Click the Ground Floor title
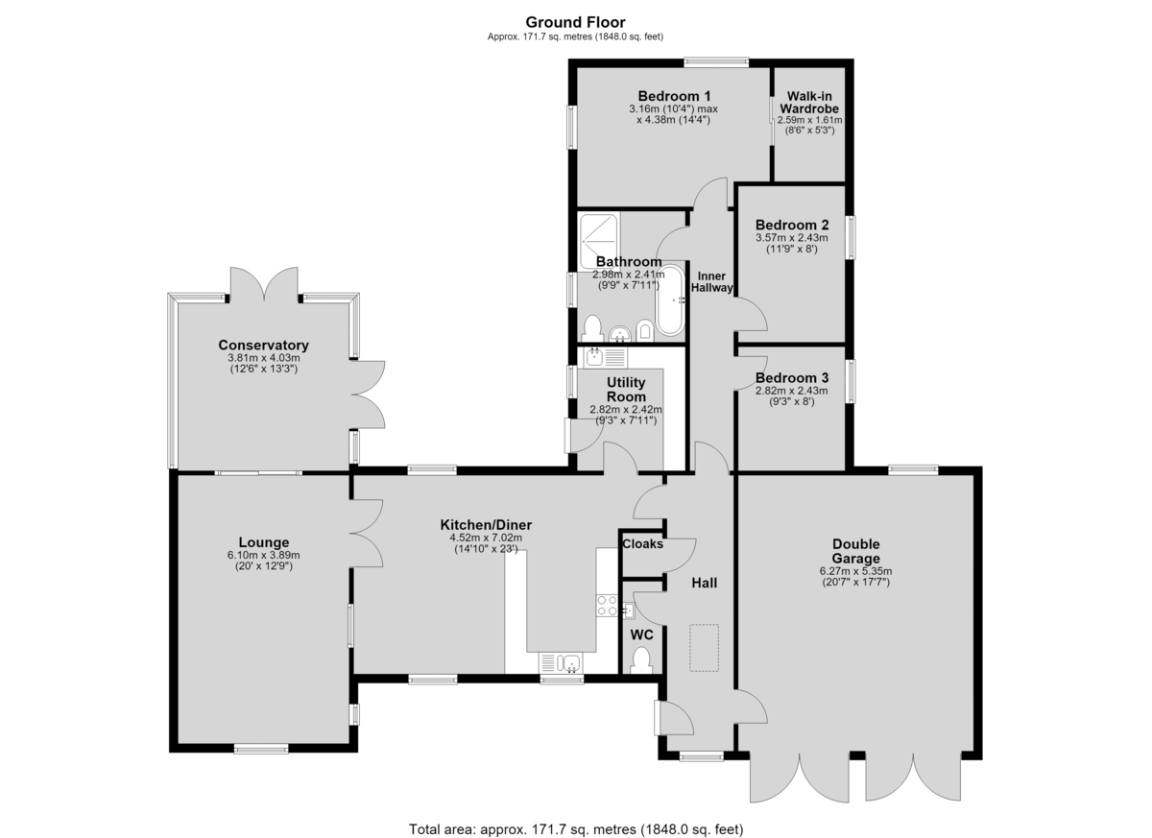pos(575,22)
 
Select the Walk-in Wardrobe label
pos(809,103)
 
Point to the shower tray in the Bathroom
pos(599,242)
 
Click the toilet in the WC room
pos(641,660)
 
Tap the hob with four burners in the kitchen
pos(607,605)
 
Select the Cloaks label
pos(642,543)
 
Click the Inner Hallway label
pos(711,281)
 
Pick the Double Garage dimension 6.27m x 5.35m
pos(855,571)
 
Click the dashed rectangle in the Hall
pos(704,648)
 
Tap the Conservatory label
pos(263,345)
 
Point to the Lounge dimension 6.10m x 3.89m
pos(263,555)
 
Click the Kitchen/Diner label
pos(486,525)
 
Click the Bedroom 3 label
pos(791,378)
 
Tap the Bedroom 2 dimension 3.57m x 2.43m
pos(791,237)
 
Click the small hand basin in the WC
pos(628,611)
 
